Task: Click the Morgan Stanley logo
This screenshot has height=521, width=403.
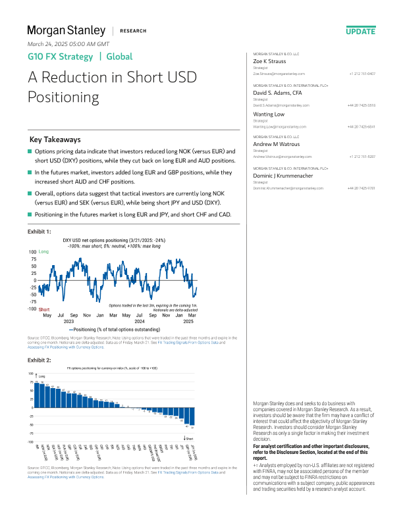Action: pos(66,30)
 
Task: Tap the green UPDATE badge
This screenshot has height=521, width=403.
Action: pos(360,31)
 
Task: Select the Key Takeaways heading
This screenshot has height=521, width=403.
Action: pos(55,140)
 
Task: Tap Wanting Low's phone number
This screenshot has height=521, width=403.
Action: pos(362,126)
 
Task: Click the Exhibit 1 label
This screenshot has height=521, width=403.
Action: pos(39,232)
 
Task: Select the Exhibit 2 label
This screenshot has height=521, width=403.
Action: pos(39,360)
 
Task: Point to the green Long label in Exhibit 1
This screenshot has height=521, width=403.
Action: pos(43,252)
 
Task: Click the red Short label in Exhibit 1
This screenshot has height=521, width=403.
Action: pos(44,309)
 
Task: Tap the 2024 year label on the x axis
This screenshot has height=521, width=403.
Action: pos(139,322)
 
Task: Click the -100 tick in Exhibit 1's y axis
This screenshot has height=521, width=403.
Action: pos(32,309)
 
